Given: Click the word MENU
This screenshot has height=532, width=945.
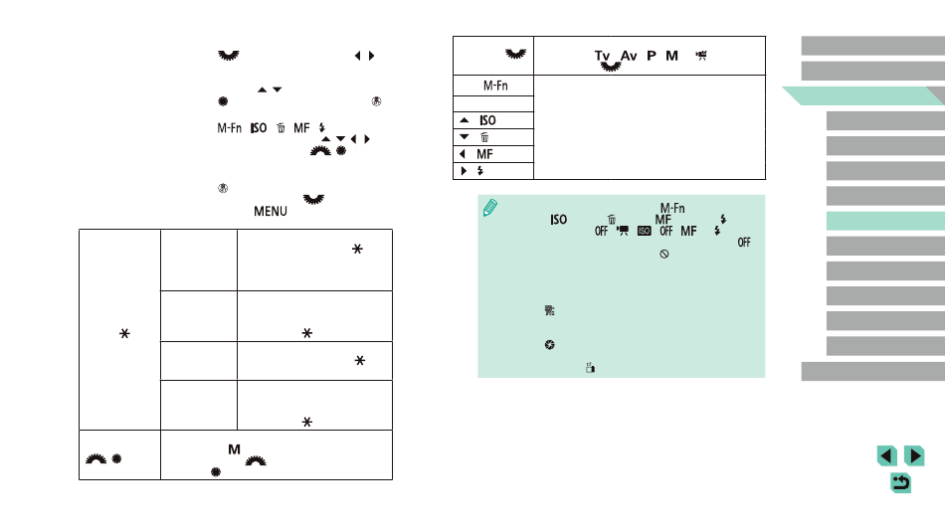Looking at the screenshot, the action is click(270, 212).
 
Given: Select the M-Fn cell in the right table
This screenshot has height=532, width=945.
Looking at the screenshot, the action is click(494, 86).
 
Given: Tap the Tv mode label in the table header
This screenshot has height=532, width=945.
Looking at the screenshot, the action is click(602, 56).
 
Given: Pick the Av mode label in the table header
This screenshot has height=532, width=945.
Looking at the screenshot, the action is click(629, 56).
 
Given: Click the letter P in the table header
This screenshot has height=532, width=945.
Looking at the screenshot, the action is click(652, 56).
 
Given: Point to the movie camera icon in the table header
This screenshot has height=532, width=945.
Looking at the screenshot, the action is click(701, 56).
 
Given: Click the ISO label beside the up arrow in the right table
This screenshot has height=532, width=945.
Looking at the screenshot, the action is click(487, 120).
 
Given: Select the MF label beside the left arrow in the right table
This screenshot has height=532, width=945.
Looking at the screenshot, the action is click(484, 154).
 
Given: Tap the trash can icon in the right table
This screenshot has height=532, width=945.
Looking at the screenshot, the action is click(484, 137).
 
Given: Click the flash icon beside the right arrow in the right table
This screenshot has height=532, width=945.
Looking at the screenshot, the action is click(480, 171).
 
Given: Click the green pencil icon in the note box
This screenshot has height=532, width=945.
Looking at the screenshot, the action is click(490, 208).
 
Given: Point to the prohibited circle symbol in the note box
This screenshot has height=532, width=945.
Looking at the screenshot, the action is click(664, 255).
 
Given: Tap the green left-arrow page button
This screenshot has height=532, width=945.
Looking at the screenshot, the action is click(886, 456).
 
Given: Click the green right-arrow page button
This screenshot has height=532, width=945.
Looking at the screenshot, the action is click(914, 456).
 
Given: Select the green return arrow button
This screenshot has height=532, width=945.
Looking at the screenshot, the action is click(900, 482).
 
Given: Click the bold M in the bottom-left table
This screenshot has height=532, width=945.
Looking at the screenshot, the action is click(235, 449).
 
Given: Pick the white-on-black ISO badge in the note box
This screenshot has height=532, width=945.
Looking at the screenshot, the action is click(645, 231).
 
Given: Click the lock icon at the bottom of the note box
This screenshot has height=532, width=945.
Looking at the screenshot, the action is click(590, 368).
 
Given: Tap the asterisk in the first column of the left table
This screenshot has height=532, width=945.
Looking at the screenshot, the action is click(124, 333).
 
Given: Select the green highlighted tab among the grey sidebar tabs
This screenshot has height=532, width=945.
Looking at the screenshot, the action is click(885, 221).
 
